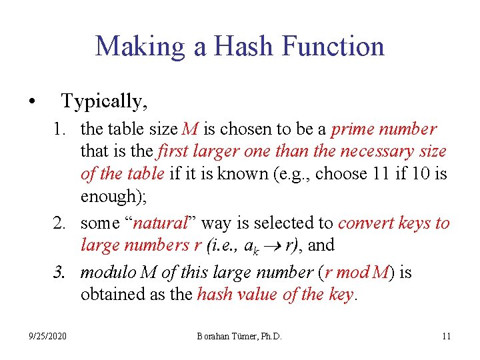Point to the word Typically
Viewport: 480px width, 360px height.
tap(104, 102)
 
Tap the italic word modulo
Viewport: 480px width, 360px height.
tap(106, 273)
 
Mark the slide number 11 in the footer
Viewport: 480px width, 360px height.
tap(446, 336)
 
